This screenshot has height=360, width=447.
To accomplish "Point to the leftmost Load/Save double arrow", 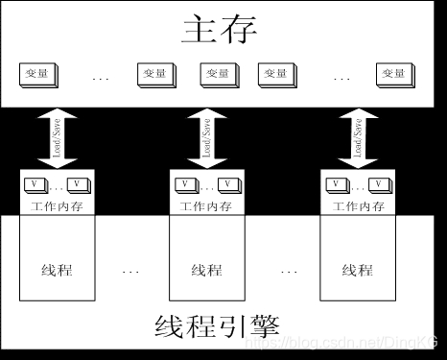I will click(x=55, y=136).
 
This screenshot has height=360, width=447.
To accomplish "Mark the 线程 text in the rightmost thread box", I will click(x=357, y=270).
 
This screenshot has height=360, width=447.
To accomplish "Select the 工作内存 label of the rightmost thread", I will click(x=357, y=205).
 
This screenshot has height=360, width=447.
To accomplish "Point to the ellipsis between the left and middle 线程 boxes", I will click(x=132, y=272).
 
